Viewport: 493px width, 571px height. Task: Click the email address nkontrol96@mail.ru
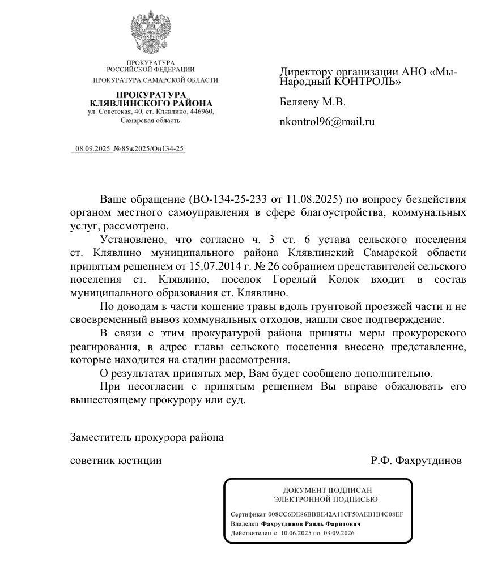328,121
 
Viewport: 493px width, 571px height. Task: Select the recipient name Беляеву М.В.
312,103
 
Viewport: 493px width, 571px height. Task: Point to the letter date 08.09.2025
92,149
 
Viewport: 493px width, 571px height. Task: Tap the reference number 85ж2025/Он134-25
152,149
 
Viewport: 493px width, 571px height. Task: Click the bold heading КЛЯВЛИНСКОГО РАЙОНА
151,103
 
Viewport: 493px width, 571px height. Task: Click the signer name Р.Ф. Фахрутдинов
416,461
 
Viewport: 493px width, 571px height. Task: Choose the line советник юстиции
116,461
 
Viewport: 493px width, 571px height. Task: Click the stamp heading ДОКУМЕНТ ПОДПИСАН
323,490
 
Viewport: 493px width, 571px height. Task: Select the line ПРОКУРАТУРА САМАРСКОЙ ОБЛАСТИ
155,80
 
